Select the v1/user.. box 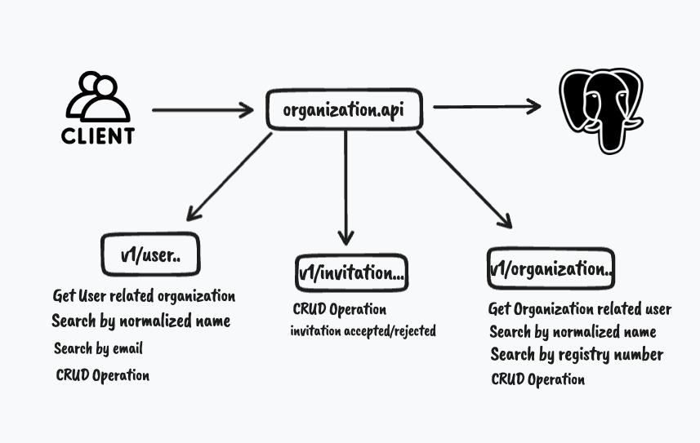pos(150,255)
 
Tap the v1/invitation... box pos(351,273)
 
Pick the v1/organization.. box pos(551,268)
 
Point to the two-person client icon pos(97,96)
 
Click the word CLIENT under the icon pos(98,135)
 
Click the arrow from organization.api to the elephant pos(487,106)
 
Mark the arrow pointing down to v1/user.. pos(229,177)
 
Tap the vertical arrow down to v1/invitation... pos(346,188)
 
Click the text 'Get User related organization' pos(144,295)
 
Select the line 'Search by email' pos(98,349)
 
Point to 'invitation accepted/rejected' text pos(363,330)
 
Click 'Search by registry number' pos(577,355)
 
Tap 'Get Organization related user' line pos(579,309)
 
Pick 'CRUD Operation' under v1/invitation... pos(339,310)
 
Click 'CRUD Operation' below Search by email pos(103,376)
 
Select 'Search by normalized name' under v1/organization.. pos(573,332)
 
